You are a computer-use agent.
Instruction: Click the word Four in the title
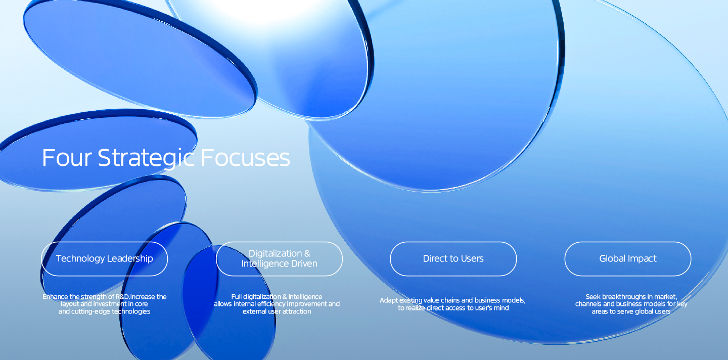67,158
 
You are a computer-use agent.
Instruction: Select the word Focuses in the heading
245,158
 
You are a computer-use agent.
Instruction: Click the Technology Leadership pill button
104,259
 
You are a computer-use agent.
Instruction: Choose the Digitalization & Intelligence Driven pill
279,259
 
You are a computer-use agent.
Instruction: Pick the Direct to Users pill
453,259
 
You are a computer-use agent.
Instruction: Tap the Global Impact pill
628,259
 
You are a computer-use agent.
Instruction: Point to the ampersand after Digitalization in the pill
307,253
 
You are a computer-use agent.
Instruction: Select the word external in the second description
255,311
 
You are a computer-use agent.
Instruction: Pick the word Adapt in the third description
388,300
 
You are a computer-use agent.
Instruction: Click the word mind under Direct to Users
502,308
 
